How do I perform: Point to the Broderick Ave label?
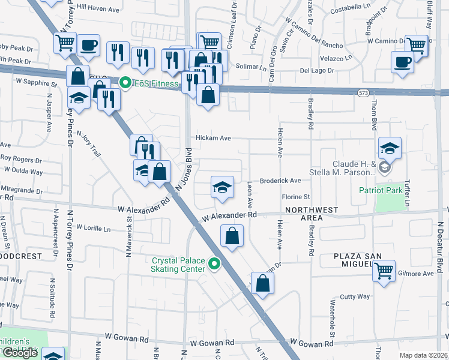click(x=280, y=181)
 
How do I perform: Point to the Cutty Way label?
click(x=355, y=296)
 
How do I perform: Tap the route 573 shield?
click(x=363, y=92)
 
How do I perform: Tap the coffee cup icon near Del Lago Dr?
click(x=402, y=61)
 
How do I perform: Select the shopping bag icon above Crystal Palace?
click(x=232, y=236)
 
